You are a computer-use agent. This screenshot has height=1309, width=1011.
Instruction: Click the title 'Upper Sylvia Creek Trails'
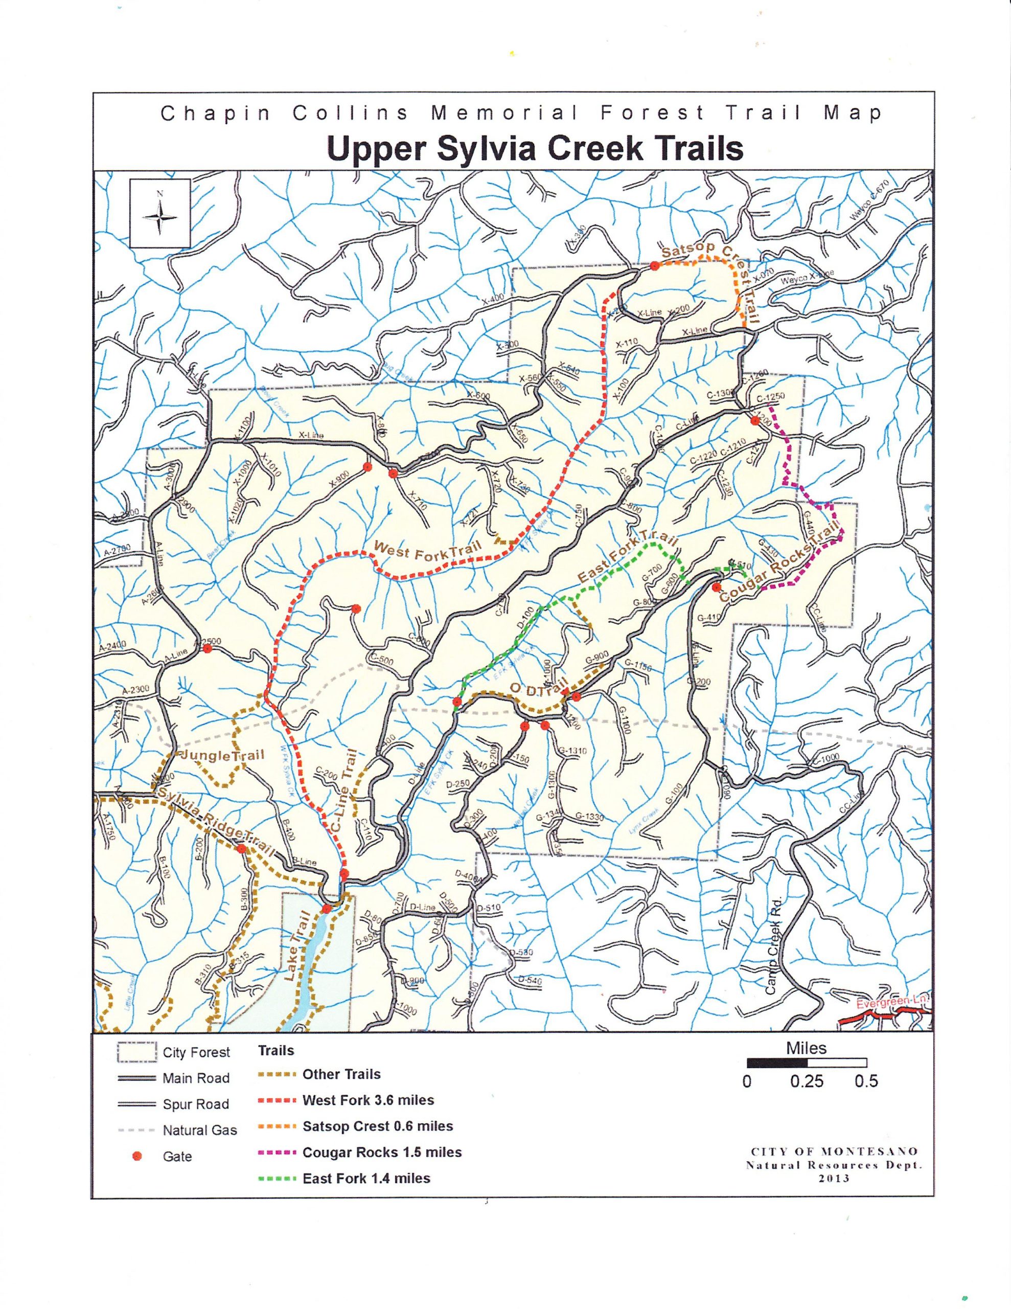pos(535,149)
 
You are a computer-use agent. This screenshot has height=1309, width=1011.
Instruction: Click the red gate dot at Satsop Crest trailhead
pos(655,266)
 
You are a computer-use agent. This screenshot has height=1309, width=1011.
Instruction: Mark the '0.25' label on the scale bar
pos(806,1081)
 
